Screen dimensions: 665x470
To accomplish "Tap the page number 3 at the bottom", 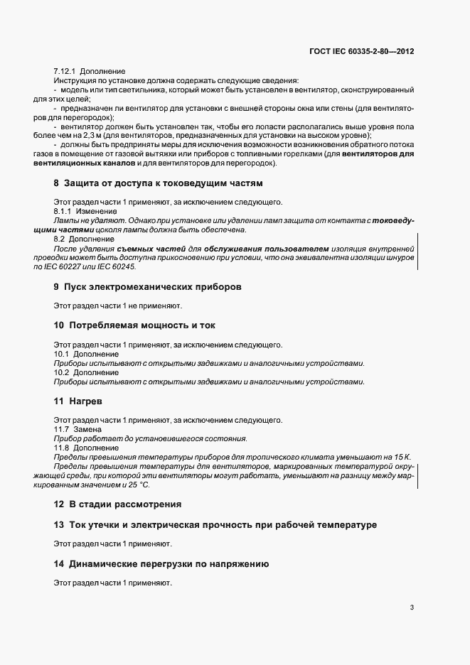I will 412,607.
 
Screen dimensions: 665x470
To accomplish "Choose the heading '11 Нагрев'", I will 78,400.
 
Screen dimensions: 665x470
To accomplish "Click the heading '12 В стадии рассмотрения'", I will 117,504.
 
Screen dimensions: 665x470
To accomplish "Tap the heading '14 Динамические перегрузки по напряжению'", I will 161,563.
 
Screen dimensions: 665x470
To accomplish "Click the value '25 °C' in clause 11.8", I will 139,484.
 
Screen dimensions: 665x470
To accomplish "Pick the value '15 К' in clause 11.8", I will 402,457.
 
